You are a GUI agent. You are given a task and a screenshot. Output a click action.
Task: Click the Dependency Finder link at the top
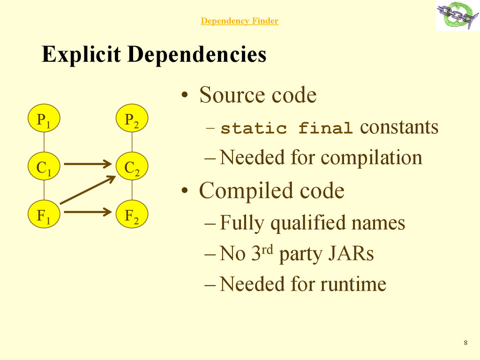(240, 21)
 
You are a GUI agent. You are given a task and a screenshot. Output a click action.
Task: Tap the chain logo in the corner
(457, 15)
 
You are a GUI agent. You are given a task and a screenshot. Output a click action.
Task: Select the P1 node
(44, 120)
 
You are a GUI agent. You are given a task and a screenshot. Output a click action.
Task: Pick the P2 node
(132, 120)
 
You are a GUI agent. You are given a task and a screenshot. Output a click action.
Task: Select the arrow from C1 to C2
(89, 164)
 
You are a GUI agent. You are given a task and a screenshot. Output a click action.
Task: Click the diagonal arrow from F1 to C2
(88, 189)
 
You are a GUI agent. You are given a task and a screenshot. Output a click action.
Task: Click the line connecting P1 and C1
(44, 143)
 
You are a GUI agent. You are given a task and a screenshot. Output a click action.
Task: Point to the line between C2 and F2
(132, 191)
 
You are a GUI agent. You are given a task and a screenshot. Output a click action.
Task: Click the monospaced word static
(253, 128)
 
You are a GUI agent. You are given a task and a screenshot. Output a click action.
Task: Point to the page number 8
(465, 343)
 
